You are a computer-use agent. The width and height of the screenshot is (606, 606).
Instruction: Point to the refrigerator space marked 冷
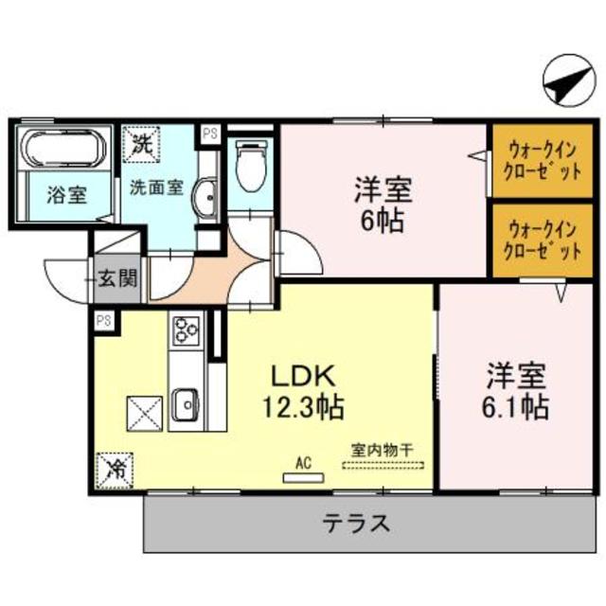pos(113,467)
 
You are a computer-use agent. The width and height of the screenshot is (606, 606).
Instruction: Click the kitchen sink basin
pos(185,403)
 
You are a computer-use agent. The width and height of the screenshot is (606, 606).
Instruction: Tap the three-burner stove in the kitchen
pos(185,332)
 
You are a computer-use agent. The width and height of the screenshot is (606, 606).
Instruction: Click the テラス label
pos(358,522)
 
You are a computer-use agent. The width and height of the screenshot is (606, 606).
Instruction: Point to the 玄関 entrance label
pos(121,279)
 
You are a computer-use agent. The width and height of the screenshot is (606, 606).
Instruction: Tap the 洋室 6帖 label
pos(383,204)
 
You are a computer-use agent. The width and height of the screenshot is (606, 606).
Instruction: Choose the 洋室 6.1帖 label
pos(515,389)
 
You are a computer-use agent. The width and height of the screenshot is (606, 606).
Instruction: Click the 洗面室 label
pos(155,187)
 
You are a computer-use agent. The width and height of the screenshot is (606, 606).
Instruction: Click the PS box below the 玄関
pos(103,321)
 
